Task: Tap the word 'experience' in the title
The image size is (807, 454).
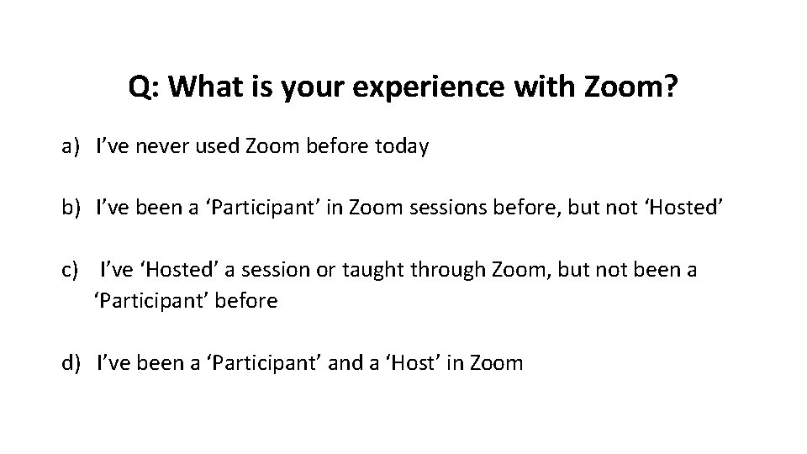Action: click(x=399, y=87)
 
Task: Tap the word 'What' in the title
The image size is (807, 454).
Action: click(x=204, y=87)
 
